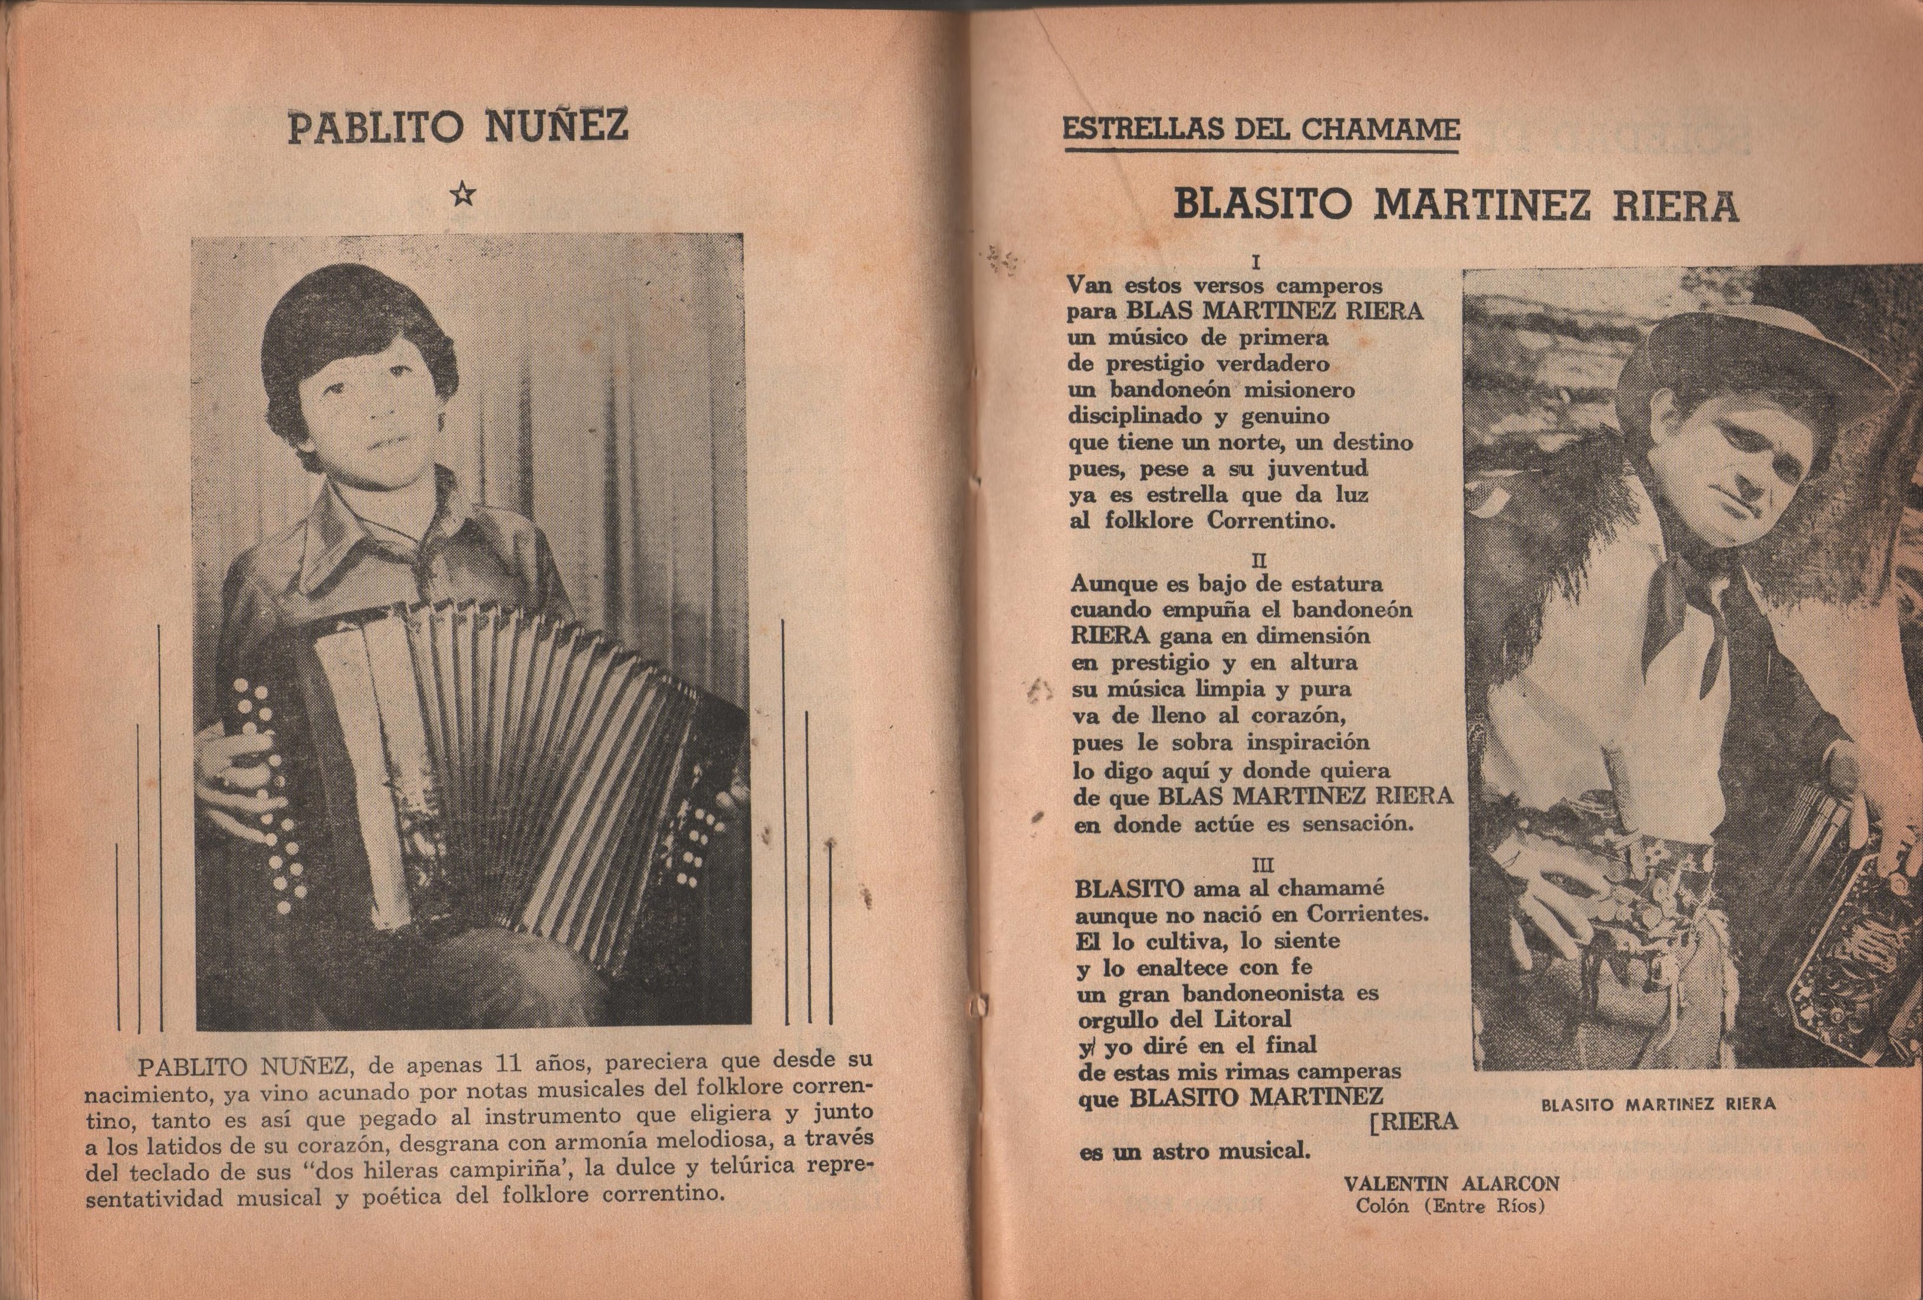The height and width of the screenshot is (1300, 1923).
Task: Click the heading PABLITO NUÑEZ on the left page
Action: tap(458, 129)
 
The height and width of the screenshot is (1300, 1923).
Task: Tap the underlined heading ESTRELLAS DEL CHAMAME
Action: tap(1260, 129)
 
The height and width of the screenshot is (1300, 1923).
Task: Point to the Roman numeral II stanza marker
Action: tap(1258, 558)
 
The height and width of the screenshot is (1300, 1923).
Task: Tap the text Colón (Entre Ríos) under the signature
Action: tap(1449, 1206)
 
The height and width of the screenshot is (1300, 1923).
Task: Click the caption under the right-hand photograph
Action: tap(1658, 1103)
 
